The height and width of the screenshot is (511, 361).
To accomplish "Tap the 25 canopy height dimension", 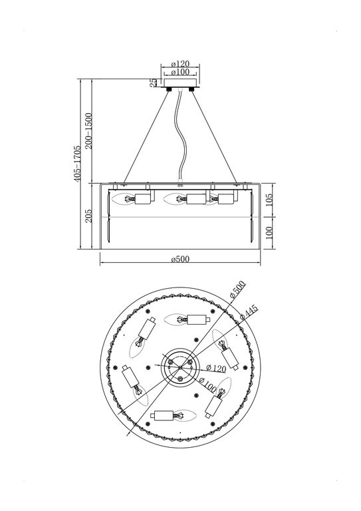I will (154, 83).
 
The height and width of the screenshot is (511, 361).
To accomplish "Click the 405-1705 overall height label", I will (77, 163).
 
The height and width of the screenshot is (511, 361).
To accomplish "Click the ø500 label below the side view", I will (180, 259).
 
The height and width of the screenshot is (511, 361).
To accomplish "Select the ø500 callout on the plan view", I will (237, 291).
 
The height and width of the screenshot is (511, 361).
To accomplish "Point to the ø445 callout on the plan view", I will (249, 311).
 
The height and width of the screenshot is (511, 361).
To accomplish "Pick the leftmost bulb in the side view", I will (124, 198).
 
